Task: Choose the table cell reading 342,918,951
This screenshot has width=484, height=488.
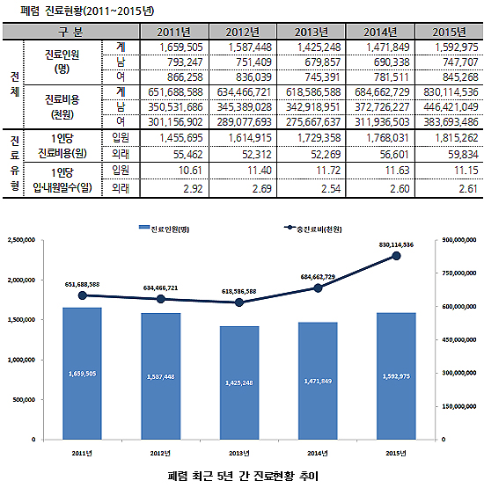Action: click(x=313, y=106)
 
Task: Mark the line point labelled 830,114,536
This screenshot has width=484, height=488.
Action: click(x=397, y=256)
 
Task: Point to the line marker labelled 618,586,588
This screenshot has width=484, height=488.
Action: click(x=239, y=302)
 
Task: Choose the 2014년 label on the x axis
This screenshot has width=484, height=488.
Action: click(x=318, y=453)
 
